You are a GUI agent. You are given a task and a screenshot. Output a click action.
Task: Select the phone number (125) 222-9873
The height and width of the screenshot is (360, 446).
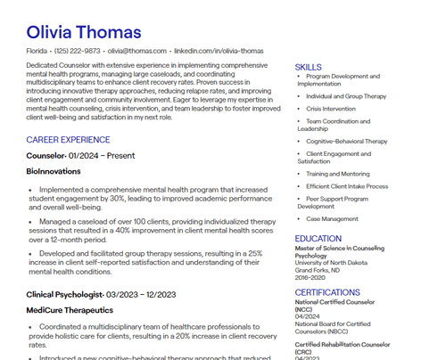pyautogui.click(x=78, y=52)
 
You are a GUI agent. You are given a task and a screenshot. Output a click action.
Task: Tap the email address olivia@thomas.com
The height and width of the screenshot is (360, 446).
pyautogui.click(x=137, y=52)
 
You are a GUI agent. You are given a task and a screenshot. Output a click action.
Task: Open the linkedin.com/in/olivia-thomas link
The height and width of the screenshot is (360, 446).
pyautogui.click(x=219, y=52)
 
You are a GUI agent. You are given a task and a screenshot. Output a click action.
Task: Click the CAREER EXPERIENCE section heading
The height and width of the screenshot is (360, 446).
pyautogui.click(x=68, y=140)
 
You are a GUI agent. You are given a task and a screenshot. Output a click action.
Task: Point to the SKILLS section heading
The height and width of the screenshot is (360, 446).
pyautogui.click(x=309, y=68)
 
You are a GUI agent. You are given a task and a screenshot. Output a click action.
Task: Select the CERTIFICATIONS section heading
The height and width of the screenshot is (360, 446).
pyautogui.click(x=327, y=291)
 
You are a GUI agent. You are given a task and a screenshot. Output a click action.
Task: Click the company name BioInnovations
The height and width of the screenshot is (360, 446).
pyautogui.click(x=54, y=170)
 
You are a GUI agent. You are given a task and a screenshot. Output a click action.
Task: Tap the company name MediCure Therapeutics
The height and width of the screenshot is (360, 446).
pyautogui.click(x=70, y=310)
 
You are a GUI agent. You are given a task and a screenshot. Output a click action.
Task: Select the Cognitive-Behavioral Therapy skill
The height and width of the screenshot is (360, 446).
pyautogui.click(x=347, y=141)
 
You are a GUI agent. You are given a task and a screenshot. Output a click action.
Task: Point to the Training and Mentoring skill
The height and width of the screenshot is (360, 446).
pyautogui.click(x=338, y=174)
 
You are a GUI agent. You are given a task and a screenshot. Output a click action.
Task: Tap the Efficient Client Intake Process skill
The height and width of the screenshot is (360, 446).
pyautogui.click(x=347, y=185)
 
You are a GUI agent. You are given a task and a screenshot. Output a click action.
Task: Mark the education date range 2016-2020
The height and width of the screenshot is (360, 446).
pyautogui.click(x=310, y=276)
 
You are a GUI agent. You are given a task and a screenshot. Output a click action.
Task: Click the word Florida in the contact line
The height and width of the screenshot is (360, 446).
pyautogui.click(x=37, y=52)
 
